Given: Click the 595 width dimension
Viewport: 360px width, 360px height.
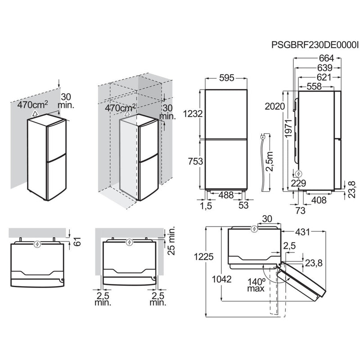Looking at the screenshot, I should point(226,78).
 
